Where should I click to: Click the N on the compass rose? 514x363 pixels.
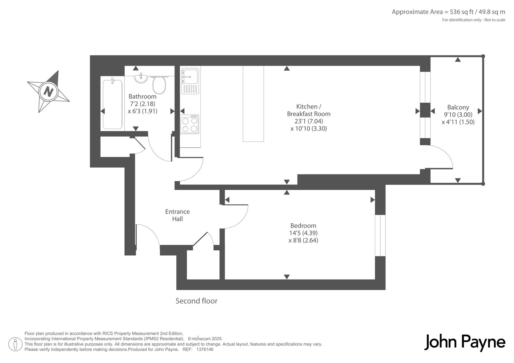coord(49,92)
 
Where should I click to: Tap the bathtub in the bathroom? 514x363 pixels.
coord(112,104)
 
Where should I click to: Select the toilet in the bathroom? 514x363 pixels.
coord(159,85)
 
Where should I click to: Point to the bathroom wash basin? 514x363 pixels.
coord(141,78)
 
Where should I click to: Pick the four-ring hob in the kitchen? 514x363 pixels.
coord(190,124)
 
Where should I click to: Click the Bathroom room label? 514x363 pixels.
coord(143,96)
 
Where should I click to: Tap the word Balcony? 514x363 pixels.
coord(458,107)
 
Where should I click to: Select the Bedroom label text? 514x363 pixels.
coord(303,226)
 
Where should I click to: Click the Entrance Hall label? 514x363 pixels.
coord(177,215)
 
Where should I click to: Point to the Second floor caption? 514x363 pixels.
coord(196,301)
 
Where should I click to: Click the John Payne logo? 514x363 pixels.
coord(465,342)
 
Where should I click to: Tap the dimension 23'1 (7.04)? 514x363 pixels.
coord(309,121)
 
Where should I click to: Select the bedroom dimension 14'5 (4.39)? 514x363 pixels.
coord(303,233)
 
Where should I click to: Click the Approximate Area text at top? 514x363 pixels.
coord(448,12)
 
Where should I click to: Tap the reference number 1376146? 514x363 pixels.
coord(205,350)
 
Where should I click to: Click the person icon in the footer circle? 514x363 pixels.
coord(15,344)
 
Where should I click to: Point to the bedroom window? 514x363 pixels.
coord(380,236)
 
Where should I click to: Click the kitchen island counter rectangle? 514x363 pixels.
coord(253,104)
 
